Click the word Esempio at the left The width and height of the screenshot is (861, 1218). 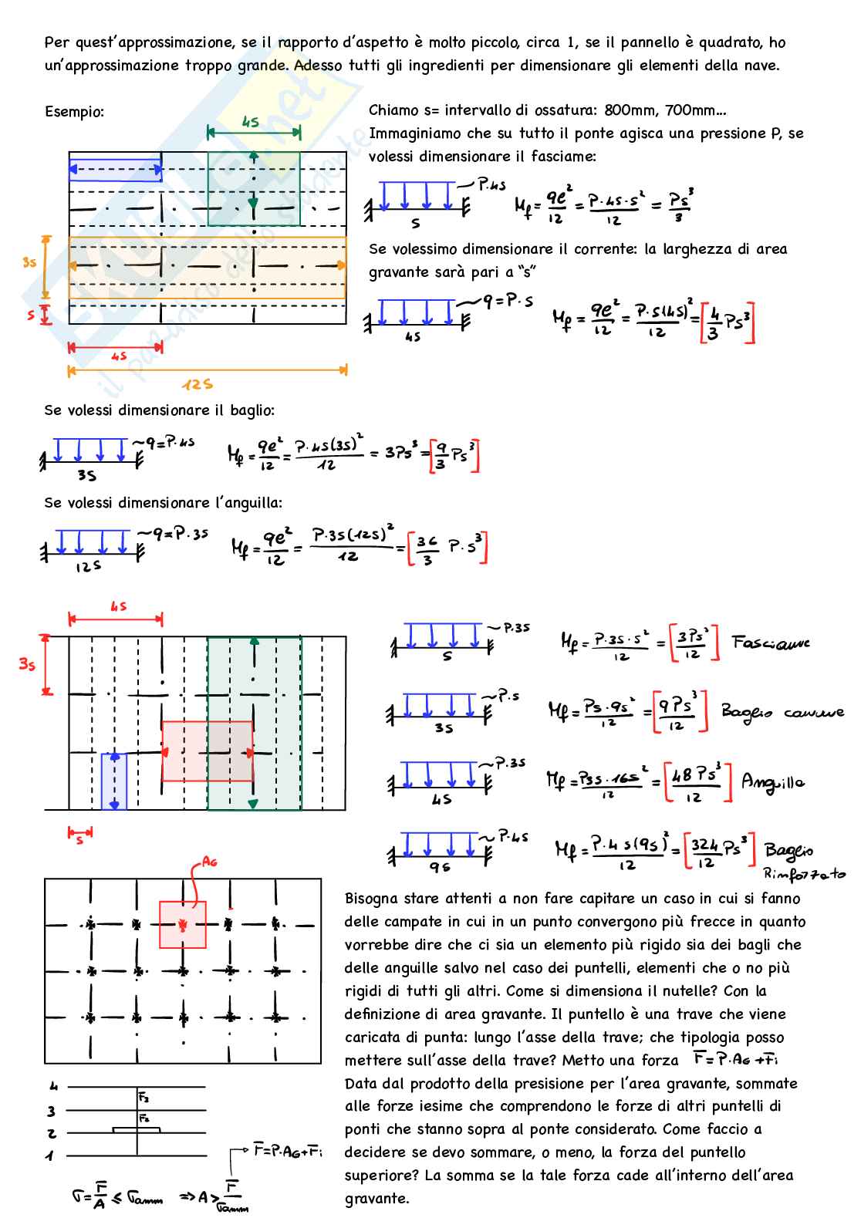pyautogui.click(x=74, y=112)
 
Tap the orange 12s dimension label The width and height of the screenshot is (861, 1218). pyautogui.click(x=198, y=384)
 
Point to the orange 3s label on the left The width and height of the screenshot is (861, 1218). pyautogui.click(x=29, y=262)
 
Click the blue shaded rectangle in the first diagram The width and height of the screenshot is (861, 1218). pyautogui.click(x=115, y=169)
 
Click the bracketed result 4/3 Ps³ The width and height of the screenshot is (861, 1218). pyautogui.click(x=727, y=322)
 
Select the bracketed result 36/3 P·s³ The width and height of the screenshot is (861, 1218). pyautogui.click(x=448, y=549)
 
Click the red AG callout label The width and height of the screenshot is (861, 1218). pyautogui.click(x=208, y=862)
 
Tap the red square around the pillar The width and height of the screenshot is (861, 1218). pyautogui.click(x=183, y=924)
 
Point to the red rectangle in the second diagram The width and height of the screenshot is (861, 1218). pyautogui.click(x=207, y=751)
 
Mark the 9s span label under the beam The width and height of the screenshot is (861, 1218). pyautogui.click(x=440, y=868)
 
